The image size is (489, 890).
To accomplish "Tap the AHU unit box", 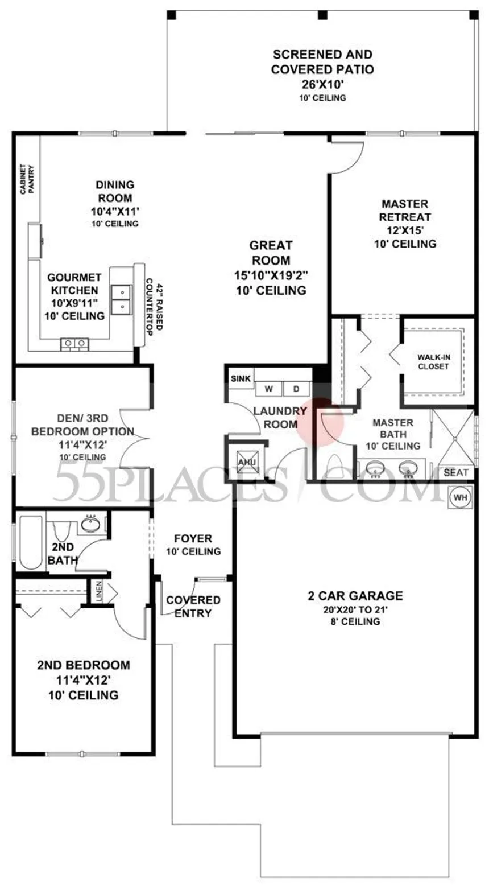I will (246, 462).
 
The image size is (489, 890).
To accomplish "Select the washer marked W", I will (269, 389).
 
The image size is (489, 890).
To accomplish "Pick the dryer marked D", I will (296, 389).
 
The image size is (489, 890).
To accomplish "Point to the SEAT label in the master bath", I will (456, 472).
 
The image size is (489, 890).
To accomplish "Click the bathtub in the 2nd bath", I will (31, 542).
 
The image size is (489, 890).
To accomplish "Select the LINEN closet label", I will (99, 590).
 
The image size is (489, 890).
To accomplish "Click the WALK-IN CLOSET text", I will (433, 362).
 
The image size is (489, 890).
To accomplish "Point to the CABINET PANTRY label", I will (27, 180).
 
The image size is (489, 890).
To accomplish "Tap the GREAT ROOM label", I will (271, 253).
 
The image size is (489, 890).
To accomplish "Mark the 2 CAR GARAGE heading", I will (355, 596).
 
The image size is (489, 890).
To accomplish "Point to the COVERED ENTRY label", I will (193, 607).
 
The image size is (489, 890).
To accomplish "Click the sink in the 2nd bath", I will (90, 525).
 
